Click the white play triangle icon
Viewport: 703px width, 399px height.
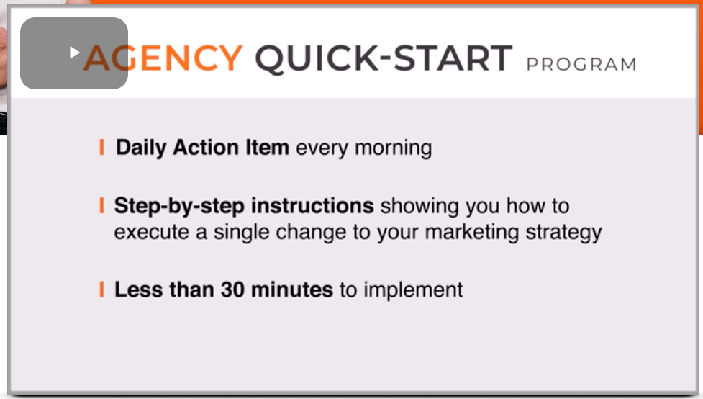point(74,53)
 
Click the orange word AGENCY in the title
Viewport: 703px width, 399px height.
point(163,58)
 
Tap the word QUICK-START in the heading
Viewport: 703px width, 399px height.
point(384,58)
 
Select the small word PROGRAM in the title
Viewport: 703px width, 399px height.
point(581,64)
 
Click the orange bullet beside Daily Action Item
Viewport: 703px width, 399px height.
point(101,147)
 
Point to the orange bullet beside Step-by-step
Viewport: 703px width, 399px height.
point(101,205)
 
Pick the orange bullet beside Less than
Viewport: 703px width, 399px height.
point(101,290)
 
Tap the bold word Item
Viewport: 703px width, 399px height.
point(267,147)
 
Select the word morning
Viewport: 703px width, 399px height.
point(393,148)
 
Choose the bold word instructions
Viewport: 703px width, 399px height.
point(312,205)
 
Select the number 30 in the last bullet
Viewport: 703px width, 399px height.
point(232,290)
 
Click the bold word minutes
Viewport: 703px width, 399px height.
point(292,290)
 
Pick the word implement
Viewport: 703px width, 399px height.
point(413,290)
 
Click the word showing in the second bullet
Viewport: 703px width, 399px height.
point(419,207)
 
